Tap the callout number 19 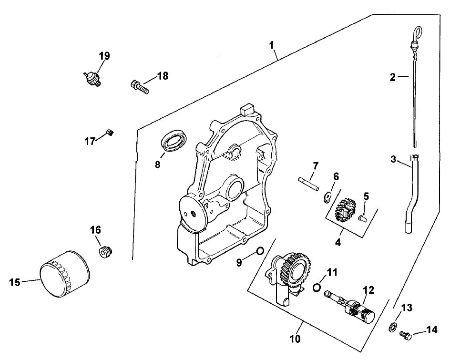pyautogui.click(x=104, y=56)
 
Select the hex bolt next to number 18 pyautogui.click(x=139, y=87)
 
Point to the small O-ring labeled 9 pyautogui.click(x=260, y=251)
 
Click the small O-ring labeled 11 pyautogui.click(x=317, y=287)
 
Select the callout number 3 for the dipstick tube pyautogui.click(x=393, y=159)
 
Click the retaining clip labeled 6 pyautogui.click(x=328, y=195)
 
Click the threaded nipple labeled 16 pyautogui.click(x=105, y=251)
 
